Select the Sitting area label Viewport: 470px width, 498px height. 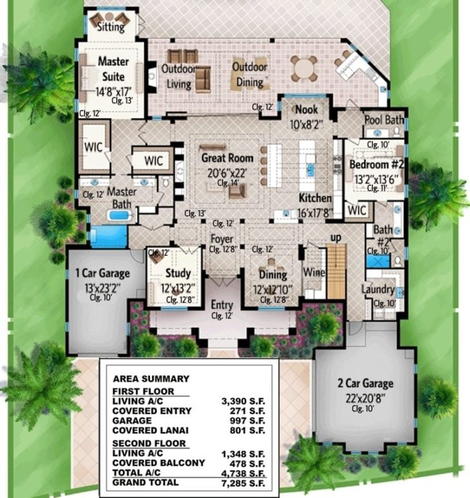pos(110,28)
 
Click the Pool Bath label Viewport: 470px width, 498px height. pos(384,120)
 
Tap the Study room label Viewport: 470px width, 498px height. pos(178,273)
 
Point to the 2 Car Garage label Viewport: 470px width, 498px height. pos(365,383)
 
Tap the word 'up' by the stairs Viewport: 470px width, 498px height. pos(336,238)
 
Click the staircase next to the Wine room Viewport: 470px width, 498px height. pos(336,271)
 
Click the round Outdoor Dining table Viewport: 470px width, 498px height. pos(304,66)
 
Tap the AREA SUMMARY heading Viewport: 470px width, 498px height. pos(151,379)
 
